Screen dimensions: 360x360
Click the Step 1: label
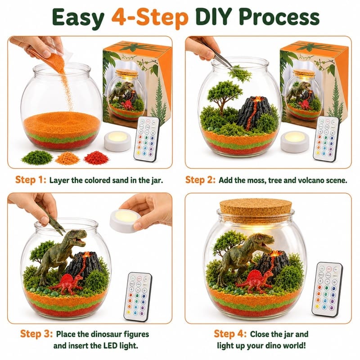(31, 180)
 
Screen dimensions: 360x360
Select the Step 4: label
(230, 333)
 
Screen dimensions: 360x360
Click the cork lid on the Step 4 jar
(256, 211)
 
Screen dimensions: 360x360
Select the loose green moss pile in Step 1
(37, 158)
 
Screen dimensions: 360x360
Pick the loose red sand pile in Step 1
(96, 157)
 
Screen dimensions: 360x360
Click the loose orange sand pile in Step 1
(67, 158)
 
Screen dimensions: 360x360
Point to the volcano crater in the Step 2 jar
(258, 99)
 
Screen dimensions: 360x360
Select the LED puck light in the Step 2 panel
(295, 142)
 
